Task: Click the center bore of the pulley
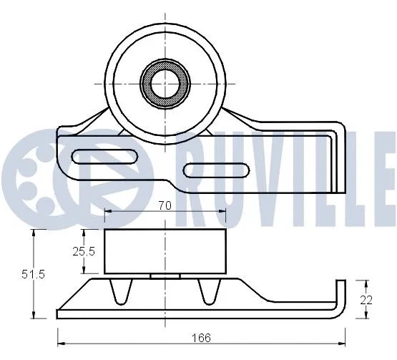tap(164, 83)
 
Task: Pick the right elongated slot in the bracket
tap(213, 170)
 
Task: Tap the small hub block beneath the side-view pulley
tap(165, 276)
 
